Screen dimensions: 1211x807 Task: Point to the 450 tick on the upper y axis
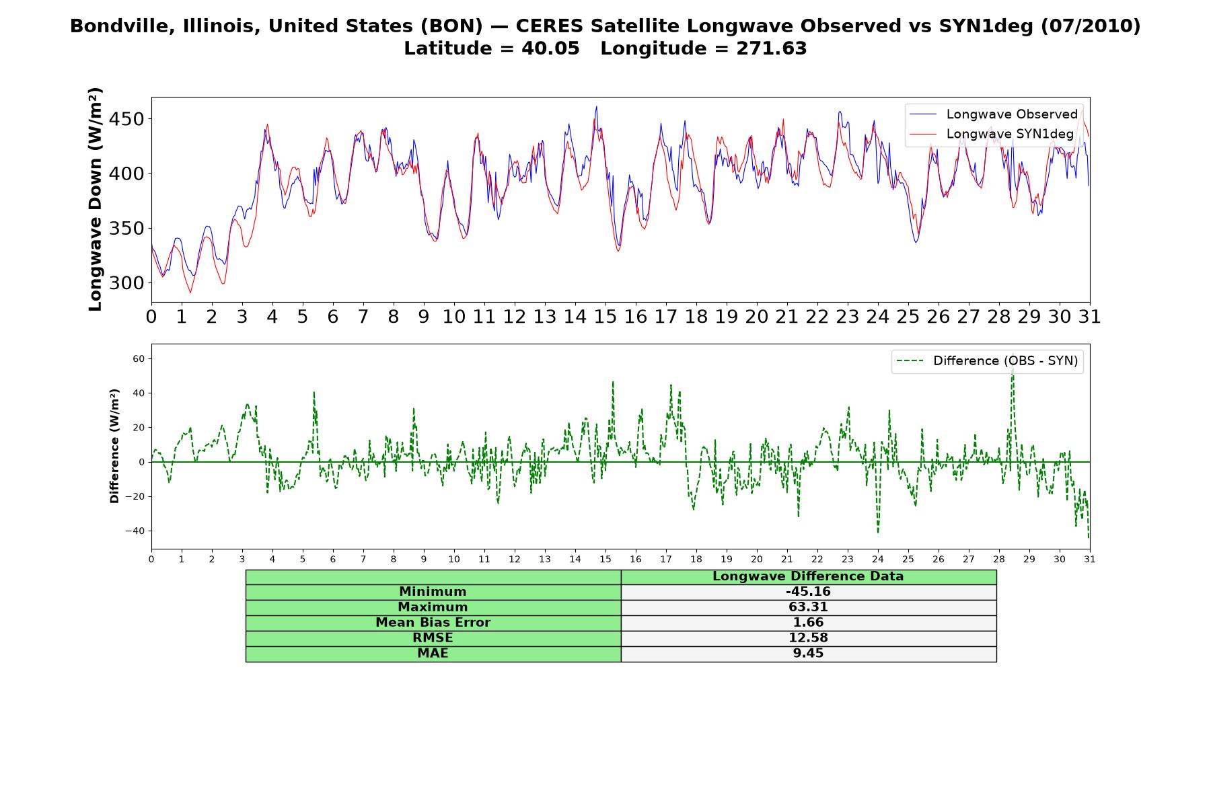tap(126, 119)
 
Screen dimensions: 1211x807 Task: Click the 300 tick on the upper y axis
tap(126, 283)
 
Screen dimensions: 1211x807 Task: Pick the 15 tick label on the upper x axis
tap(605, 316)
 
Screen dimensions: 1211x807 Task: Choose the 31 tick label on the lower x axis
tap(1089, 559)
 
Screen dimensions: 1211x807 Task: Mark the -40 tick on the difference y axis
tap(134, 531)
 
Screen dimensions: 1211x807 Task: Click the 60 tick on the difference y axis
tap(139, 359)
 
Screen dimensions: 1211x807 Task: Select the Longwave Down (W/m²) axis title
tap(95, 199)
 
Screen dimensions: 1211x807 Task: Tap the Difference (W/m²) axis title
tap(114, 446)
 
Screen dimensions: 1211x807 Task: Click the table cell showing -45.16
tap(808, 592)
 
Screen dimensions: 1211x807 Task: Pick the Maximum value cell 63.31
tap(808, 607)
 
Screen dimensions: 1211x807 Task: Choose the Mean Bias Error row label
tap(433, 623)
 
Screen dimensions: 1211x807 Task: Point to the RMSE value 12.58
tap(808, 638)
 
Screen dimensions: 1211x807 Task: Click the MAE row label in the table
tap(433, 654)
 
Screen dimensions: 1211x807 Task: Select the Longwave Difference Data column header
tap(808, 576)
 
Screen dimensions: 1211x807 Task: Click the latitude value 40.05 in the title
tap(550, 48)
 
